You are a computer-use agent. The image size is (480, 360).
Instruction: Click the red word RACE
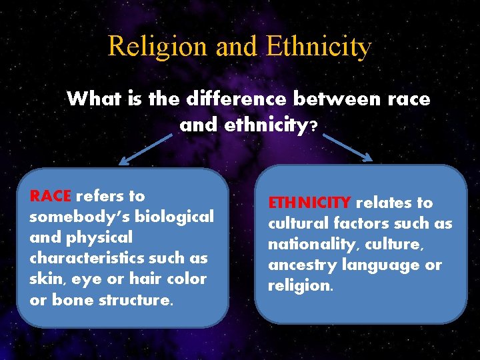[x=50, y=196]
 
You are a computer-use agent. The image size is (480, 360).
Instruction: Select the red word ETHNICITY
[x=309, y=203]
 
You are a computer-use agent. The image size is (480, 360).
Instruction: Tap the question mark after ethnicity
[x=313, y=125]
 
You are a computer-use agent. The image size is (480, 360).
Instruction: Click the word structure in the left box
[x=137, y=299]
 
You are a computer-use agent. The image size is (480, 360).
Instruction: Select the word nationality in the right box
[x=309, y=244]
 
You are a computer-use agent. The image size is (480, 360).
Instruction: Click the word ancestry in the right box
[x=301, y=265]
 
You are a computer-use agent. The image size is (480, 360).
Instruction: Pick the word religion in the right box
[x=299, y=285]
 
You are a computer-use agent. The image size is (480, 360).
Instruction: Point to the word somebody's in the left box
[x=79, y=217]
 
